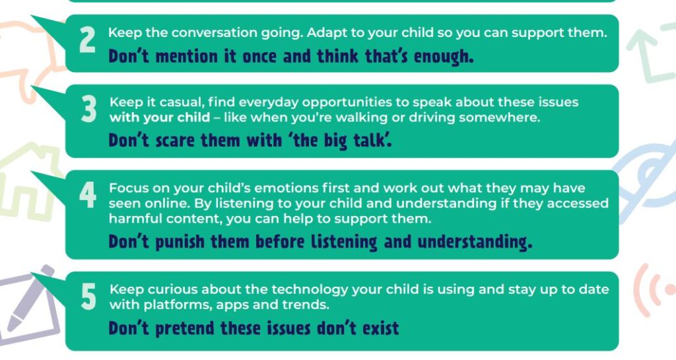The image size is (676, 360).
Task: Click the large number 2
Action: (x=88, y=40)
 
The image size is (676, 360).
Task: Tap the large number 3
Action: (x=89, y=110)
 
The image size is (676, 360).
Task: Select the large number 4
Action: (x=88, y=194)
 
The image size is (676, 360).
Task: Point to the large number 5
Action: (x=88, y=297)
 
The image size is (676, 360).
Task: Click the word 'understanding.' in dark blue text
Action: (x=475, y=242)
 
